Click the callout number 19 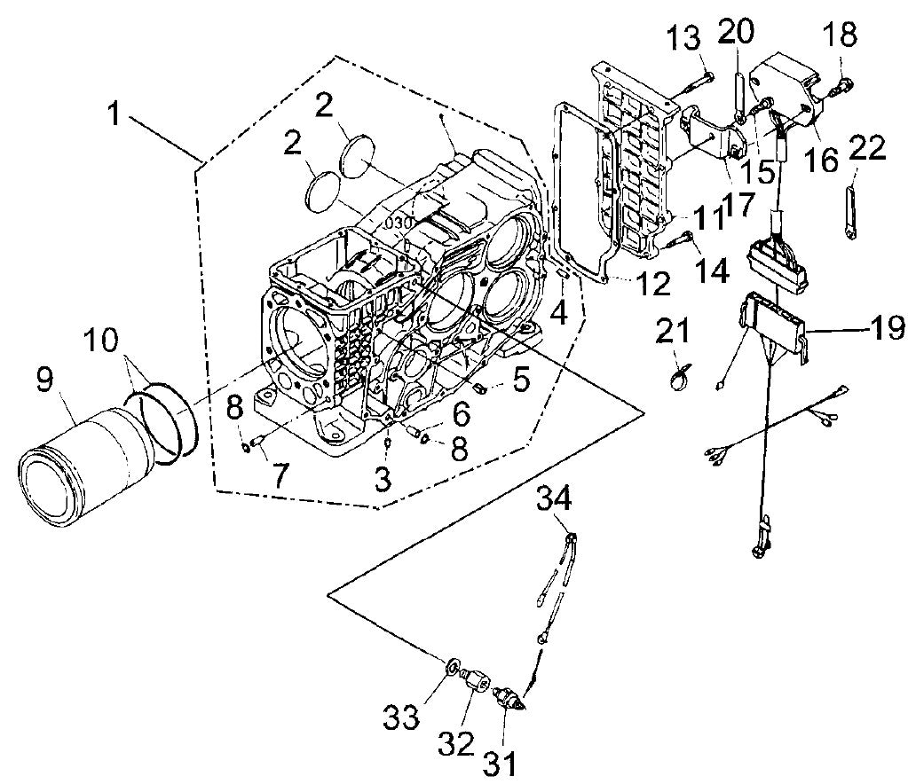click(x=877, y=328)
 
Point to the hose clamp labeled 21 click(x=681, y=379)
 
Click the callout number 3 click(x=381, y=480)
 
